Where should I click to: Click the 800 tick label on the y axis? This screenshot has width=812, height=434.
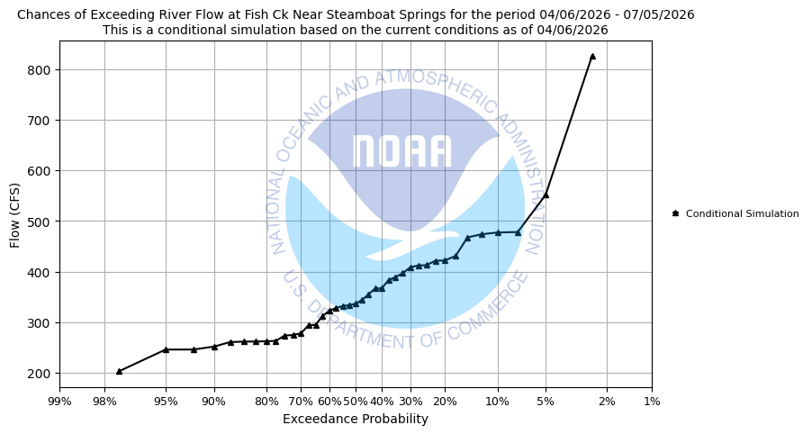click(x=40, y=70)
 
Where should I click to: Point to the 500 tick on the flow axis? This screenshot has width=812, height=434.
click(x=40, y=222)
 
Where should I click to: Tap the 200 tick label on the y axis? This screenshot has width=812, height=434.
click(x=40, y=374)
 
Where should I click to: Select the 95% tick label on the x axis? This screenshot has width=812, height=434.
click(x=166, y=401)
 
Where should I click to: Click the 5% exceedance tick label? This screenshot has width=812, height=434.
click(x=546, y=401)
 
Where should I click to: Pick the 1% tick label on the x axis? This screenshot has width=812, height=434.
click(x=652, y=401)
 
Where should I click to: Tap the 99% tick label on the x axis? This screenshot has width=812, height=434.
click(x=59, y=401)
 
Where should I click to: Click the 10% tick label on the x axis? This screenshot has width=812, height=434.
click(x=498, y=401)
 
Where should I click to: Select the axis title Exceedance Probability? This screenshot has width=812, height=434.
click(x=356, y=419)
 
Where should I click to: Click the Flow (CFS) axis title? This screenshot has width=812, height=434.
click(x=15, y=214)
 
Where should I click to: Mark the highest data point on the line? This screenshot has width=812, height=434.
click(x=592, y=56)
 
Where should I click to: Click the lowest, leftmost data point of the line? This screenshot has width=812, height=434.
click(x=119, y=371)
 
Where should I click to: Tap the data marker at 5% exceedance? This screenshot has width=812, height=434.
click(x=546, y=194)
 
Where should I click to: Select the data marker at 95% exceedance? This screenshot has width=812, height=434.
click(x=166, y=349)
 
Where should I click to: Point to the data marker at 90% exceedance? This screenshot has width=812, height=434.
click(x=214, y=347)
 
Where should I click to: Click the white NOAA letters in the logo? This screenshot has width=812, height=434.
click(x=401, y=151)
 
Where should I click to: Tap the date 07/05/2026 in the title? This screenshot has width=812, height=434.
click(x=662, y=14)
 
